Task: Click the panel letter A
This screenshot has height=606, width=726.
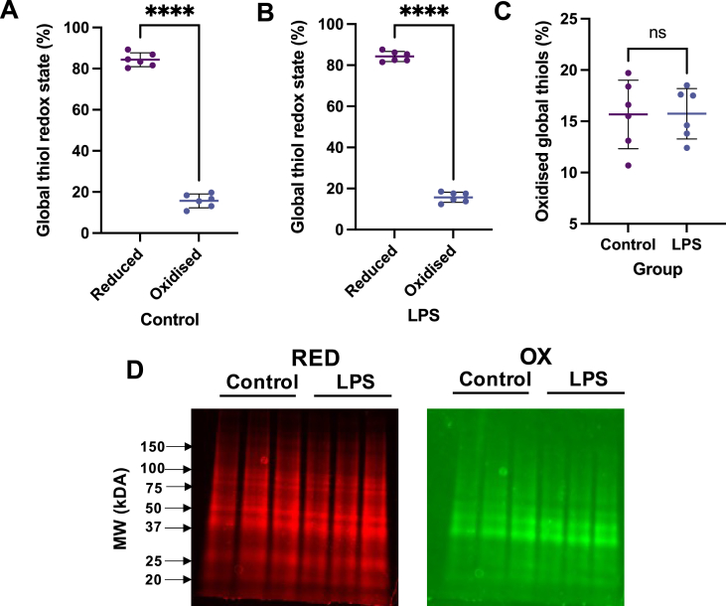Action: click(x=13, y=13)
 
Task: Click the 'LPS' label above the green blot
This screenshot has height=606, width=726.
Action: click(x=588, y=378)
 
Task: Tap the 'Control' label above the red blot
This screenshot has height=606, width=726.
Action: click(x=260, y=382)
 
